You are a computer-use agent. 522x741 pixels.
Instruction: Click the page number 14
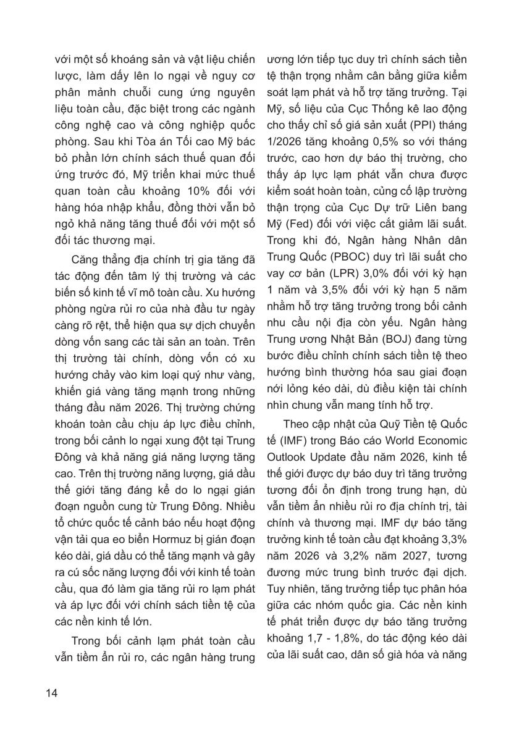[x=51, y=692]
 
